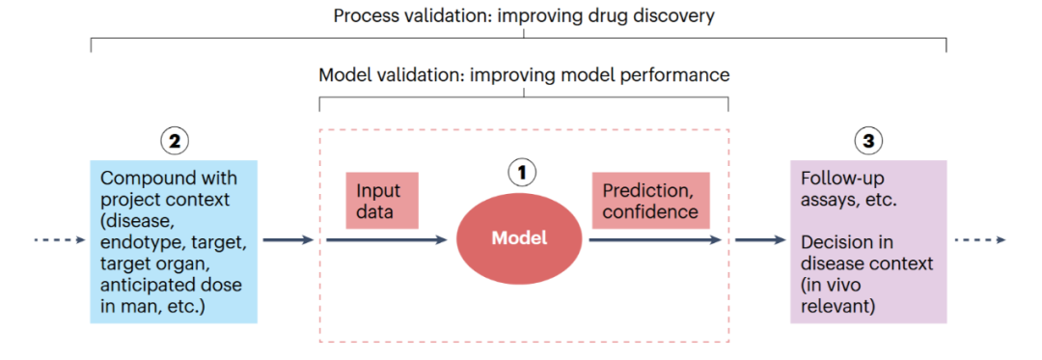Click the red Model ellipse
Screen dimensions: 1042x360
point(520,238)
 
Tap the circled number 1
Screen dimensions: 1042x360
point(521,173)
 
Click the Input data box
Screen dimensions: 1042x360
point(382,201)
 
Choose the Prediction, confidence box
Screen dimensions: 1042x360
point(650,201)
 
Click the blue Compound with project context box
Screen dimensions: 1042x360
point(174,242)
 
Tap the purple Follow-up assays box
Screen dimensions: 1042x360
point(868,242)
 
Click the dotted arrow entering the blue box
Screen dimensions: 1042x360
point(61,239)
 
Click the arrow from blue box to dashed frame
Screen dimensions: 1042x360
point(288,239)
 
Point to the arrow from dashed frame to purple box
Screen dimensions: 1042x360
point(760,239)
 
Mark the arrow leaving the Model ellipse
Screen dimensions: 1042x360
point(655,239)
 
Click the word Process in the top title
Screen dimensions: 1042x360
point(364,15)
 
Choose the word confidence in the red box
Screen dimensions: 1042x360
point(650,212)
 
